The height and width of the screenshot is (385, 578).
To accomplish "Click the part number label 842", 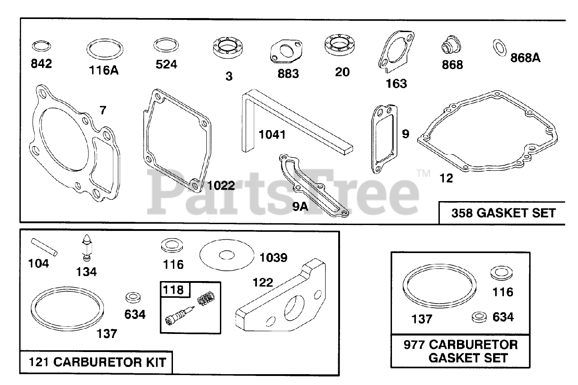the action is click(x=41, y=64).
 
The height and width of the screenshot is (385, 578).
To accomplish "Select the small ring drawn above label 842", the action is click(x=41, y=46).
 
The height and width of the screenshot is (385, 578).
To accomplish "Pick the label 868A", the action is click(x=525, y=58).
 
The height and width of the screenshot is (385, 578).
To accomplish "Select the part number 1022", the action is click(x=221, y=185).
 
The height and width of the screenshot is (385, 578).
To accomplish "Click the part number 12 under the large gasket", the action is click(x=446, y=178).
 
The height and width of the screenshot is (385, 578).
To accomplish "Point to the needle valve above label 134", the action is click(x=86, y=247).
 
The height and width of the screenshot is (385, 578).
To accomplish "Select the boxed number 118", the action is click(x=174, y=290).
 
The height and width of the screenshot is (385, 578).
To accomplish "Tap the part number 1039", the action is click(x=273, y=258).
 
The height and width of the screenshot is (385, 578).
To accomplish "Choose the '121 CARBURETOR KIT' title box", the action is click(x=97, y=362).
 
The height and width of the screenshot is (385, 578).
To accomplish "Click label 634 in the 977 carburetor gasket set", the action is click(x=503, y=317).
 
